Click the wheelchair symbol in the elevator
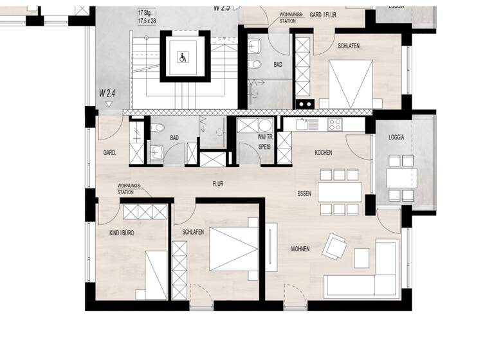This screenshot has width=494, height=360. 183,58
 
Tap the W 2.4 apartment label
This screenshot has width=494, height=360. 107,93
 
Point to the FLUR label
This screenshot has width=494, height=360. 218,183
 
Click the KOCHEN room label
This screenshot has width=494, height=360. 323,153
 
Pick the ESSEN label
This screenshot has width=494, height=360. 304,193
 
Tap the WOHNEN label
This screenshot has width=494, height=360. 300,249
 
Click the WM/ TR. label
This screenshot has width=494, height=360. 264,136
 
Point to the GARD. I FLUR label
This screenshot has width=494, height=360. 325,15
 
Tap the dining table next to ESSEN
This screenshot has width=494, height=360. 339,192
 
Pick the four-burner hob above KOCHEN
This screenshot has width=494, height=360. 336,125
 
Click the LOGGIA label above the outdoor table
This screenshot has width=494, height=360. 396,138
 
